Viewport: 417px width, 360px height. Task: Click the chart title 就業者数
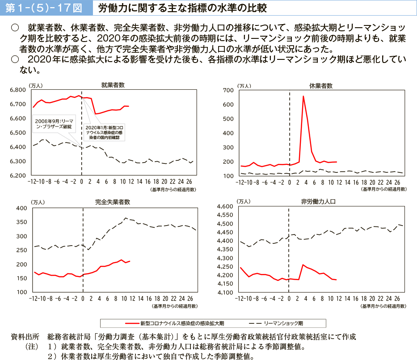pos(113,84)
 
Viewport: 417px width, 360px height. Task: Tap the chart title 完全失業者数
pos(113,202)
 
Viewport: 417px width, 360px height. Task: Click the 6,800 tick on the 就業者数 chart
pos(18,90)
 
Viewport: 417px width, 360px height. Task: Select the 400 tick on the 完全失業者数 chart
pos(21,209)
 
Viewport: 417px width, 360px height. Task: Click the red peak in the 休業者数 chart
pos(303,96)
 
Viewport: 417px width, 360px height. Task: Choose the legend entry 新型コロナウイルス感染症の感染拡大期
pos(176,323)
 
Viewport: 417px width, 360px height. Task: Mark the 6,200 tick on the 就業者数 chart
pos(18,176)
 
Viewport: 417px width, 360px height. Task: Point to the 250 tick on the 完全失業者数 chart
pos(21,250)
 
